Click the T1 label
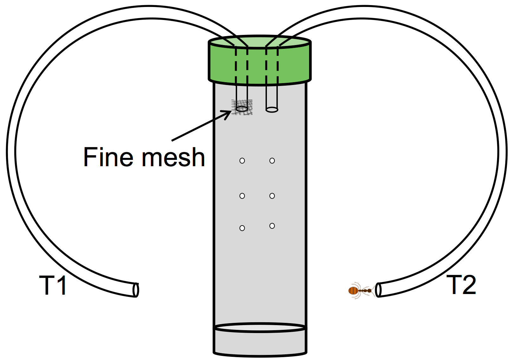point(53,285)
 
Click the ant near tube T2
point(362,291)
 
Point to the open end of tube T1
point(136,290)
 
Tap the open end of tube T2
point(378,290)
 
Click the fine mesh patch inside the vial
point(242,107)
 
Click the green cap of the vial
point(260,61)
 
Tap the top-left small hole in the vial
point(242,161)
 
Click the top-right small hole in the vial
point(272,161)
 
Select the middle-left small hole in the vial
point(242,196)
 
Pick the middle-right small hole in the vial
point(272,196)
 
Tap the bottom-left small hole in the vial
point(242,228)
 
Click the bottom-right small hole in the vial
point(272,226)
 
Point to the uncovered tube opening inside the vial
point(272,110)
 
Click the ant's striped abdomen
point(353,291)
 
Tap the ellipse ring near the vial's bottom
point(260,328)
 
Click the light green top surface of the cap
point(260,42)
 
